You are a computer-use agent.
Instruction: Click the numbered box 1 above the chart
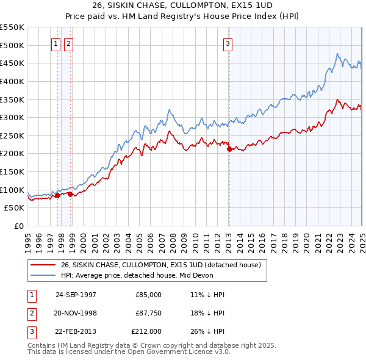coord(56,43)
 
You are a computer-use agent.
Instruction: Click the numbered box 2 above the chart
coord(68,43)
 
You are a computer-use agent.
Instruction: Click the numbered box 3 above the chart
coord(228,43)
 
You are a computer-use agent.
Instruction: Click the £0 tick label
coord(18,226)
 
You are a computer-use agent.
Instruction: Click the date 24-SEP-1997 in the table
coord(76,294)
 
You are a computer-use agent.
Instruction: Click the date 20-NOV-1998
coord(76,312)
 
